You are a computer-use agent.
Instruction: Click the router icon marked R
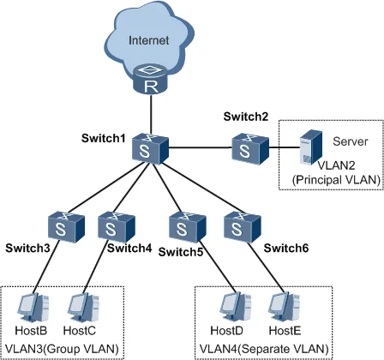pyautogui.click(x=151, y=80)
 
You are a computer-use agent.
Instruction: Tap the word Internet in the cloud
pyautogui.click(x=149, y=40)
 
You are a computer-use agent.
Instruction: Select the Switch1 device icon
pyautogui.click(x=150, y=148)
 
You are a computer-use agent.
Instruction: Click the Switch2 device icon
pyautogui.click(x=250, y=148)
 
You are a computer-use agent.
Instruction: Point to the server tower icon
pyautogui.click(x=311, y=147)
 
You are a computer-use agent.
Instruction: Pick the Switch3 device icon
pyautogui.click(x=66, y=227)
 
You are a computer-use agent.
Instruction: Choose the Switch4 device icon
pyautogui.click(x=117, y=227)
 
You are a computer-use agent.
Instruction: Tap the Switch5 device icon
pyautogui.click(x=188, y=227)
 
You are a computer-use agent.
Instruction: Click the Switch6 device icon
pyautogui.click(x=243, y=227)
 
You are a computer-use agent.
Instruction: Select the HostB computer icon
pyautogui.click(x=33, y=308)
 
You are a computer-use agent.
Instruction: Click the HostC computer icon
pyautogui.click(x=83, y=308)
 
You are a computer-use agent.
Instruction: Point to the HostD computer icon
pyautogui.click(x=236, y=308)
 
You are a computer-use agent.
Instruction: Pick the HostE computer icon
pyautogui.click(x=285, y=308)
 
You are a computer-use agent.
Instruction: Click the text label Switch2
pyautogui.click(x=246, y=117)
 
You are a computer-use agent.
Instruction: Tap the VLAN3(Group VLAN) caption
pyautogui.click(x=62, y=349)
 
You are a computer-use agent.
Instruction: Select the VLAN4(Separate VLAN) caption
pyautogui.click(x=264, y=349)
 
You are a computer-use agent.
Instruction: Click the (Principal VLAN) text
pyautogui.click(x=336, y=180)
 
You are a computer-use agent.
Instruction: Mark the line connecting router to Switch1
pyautogui.click(x=151, y=114)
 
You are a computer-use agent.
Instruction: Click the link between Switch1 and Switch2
pyautogui.click(x=201, y=147)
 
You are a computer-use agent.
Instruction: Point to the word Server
pyautogui.click(x=351, y=141)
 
